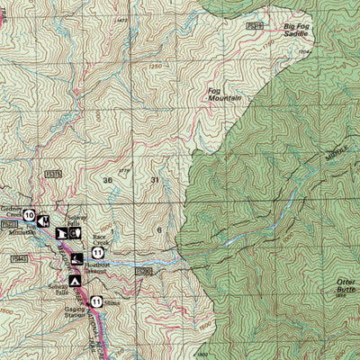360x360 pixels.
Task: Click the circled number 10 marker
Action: point(30,215)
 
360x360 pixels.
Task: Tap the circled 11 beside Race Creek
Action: point(97,254)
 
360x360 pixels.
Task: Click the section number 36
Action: point(109,180)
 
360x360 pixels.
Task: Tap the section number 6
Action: point(159,230)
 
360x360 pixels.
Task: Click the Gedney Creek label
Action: point(12,206)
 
